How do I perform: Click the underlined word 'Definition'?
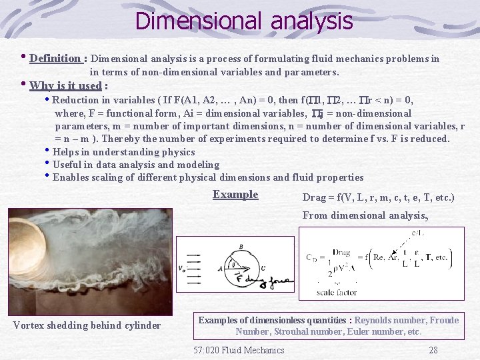(x=55, y=58)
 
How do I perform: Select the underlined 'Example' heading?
(x=235, y=195)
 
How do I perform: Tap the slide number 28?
(x=433, y=350)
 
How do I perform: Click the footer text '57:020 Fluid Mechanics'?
(x=239, y=350)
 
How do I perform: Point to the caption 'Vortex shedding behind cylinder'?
(x=87, y=325)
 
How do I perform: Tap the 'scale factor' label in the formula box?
(x=337, y=292)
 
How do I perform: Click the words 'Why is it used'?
(x=65, y=85)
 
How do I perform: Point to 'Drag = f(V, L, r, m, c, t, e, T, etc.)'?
(x=378, y=197)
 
